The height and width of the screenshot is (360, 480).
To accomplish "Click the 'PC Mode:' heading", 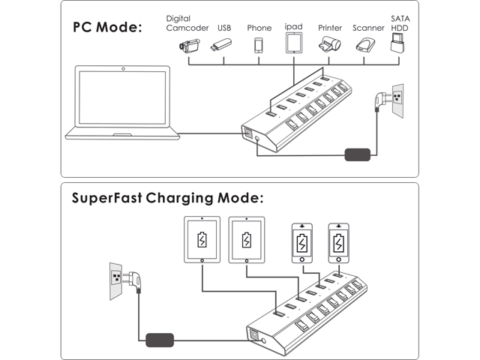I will point(107,28).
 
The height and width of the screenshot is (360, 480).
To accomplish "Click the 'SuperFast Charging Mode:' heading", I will point(168,199).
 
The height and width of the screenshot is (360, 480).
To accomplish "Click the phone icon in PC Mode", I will point(259,45).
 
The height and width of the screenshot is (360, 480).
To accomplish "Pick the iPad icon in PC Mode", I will point(294,43).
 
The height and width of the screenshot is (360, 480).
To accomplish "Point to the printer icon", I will point(330,46).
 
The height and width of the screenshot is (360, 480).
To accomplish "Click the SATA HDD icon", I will point(398,45).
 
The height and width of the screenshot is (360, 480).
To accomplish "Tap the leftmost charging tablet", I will point(202,240).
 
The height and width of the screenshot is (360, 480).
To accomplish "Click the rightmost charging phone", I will point(339,241).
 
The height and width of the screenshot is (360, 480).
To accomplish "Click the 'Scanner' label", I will point(368,28).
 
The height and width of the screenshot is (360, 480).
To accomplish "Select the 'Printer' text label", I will point(330,28).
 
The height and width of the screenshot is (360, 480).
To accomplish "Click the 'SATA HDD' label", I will point(398,23).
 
